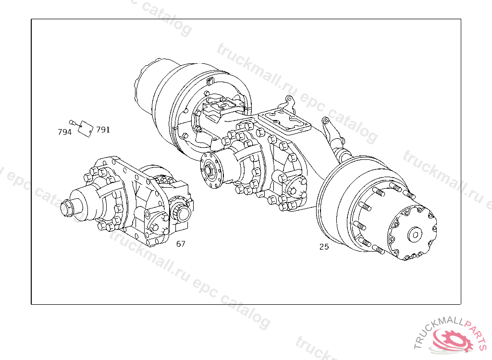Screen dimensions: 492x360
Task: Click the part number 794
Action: click(x=65, y=132)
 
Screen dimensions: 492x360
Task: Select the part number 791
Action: click(x=103, y=130)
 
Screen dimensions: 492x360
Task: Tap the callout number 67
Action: click(x=181, y=244)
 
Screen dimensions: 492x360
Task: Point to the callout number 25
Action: click(x=324, y=247)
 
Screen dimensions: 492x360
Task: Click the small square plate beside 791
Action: click(x=86, y=129)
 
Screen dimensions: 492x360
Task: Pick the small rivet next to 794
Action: click(x=73, y=122)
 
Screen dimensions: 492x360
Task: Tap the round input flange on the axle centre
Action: click(x=211, y=170)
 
